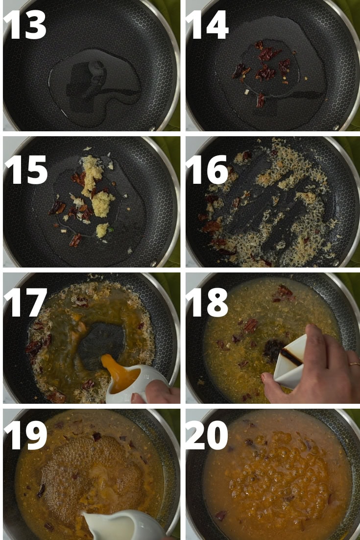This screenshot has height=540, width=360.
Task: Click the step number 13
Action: (25, 25)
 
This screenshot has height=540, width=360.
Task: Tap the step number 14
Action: (207, 25)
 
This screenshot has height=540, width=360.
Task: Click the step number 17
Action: (25, 302)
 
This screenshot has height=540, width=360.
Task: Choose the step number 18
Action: (207, 302)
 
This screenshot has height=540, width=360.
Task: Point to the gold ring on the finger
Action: (354, 364)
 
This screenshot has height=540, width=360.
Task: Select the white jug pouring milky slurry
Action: (120, 525)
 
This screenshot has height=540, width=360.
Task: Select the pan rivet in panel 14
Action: (336, 127)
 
